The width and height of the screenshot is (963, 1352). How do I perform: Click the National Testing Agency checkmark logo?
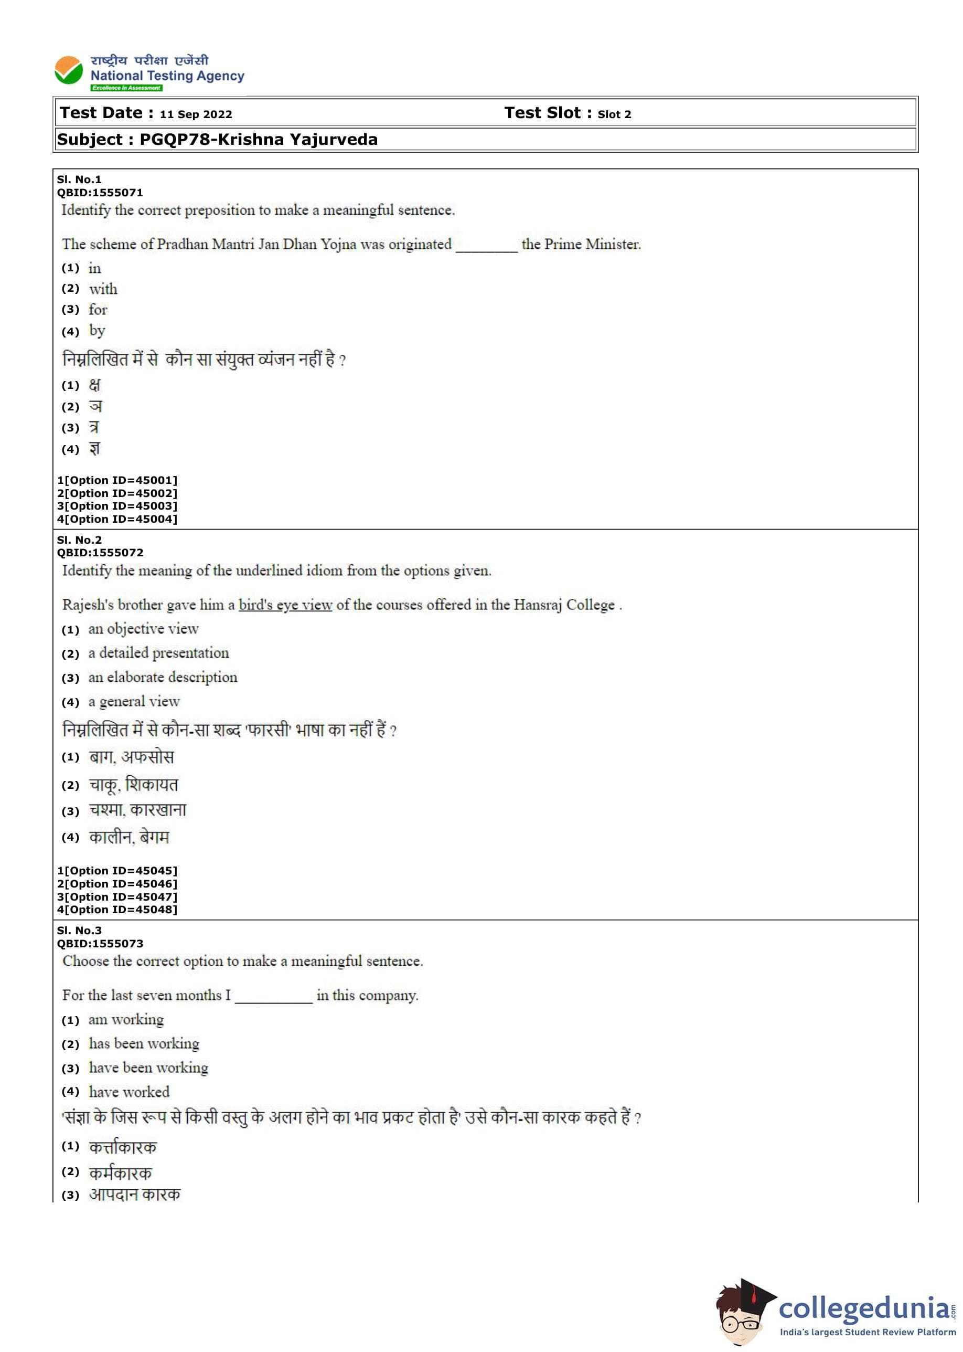(68, 71)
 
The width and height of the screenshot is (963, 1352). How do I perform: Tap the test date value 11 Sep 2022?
(196, 114)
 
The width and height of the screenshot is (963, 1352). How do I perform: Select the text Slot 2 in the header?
(614, 114)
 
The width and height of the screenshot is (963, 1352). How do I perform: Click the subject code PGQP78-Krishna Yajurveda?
(259, 140)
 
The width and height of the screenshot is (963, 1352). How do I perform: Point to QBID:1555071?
(100, 192)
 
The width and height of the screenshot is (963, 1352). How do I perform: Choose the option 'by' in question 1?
(97, 331)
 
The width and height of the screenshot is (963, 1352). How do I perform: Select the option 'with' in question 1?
(103, 289)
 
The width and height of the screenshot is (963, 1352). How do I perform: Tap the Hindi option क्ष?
(94, 386)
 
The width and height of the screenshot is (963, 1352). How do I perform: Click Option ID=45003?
(117, 506)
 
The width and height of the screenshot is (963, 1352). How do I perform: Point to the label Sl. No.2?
(79, 540)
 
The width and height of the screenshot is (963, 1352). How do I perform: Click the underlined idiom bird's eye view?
(285, 605)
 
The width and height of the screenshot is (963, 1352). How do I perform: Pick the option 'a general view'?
(134, 702)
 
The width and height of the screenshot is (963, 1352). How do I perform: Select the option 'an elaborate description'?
(163, 678)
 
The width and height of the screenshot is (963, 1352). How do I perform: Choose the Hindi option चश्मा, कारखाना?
(137, 810)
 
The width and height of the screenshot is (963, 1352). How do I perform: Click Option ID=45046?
(117, 884)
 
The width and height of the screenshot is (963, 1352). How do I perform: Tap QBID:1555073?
(100, 944)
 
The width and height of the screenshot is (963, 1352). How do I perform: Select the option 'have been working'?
(149, 1068)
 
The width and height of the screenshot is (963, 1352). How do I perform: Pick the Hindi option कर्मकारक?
(121, 1173)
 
